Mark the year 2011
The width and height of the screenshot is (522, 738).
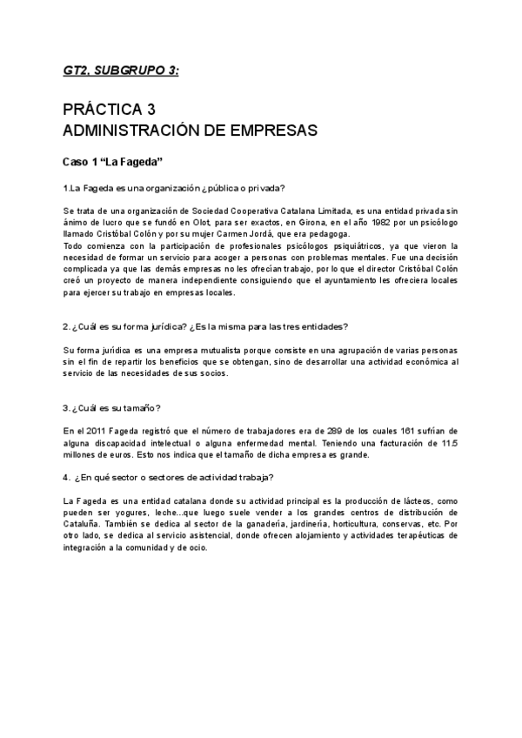[98, 431]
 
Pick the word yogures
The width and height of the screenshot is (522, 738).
[132, 513]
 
